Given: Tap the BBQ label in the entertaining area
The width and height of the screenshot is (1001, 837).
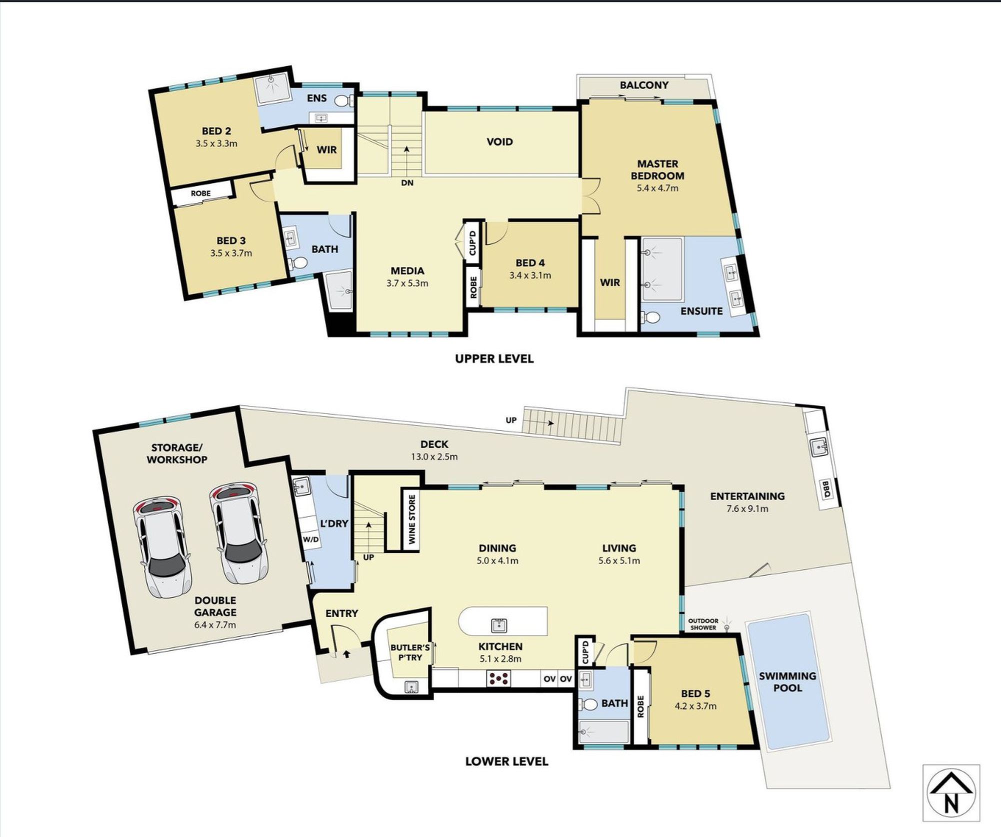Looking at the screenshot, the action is (x=826, y=489).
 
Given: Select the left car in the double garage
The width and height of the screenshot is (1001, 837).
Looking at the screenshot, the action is (x=161, y=546).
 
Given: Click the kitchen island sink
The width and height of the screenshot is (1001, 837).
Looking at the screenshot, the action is (x=499, y=625).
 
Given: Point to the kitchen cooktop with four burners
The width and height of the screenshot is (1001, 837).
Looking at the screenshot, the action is (x=499, y=678).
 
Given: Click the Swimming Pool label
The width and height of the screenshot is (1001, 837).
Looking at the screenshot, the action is (x=787, y=682).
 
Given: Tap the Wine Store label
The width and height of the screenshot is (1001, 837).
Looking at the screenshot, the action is (x=412, y=519).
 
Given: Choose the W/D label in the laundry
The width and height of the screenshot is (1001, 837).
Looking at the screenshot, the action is (x=310, y=540).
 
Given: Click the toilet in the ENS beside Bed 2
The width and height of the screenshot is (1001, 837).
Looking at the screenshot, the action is (x=343, y=101).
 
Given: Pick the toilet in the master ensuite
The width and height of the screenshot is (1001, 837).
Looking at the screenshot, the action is (x=650, y=317).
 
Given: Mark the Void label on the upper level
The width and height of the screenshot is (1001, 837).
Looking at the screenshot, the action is (x=499, y=142).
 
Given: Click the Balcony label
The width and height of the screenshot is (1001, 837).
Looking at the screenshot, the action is (x=644, y=85).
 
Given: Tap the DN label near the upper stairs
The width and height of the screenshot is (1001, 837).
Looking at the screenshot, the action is (x=407, y=183).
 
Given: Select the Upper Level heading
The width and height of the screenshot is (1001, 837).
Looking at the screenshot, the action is (x=494, y=358).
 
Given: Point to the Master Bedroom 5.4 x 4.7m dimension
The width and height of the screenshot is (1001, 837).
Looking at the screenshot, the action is (x=657, y=188).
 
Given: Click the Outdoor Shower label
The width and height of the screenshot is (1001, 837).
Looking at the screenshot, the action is (x=703, y=624).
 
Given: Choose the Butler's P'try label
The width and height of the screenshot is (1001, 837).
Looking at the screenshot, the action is (x=410, y=652).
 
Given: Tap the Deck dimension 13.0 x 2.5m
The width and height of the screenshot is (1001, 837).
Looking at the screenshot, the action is (x=434, y=456).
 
